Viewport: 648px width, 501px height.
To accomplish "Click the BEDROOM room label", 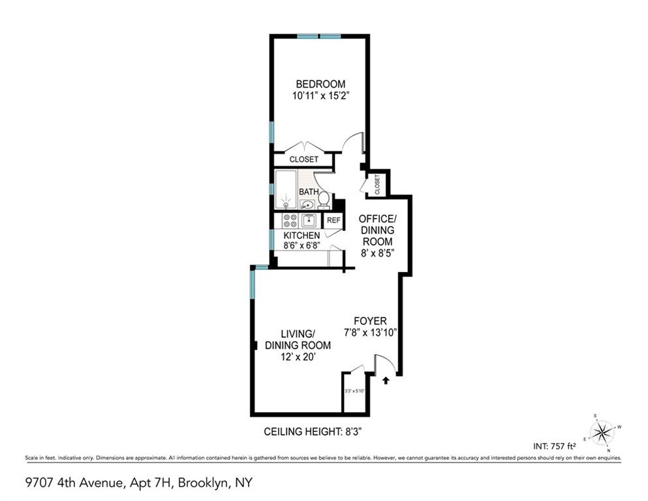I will point(320,84).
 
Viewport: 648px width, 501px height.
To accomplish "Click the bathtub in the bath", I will point(286,190).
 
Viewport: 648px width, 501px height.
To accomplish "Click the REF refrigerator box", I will point(333,220).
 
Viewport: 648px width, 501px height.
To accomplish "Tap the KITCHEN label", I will point(301,235).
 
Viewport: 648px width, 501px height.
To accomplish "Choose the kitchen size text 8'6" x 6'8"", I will point(301,246).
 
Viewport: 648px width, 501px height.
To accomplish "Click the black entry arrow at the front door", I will point(385,378).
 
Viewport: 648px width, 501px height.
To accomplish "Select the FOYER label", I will point(370,321).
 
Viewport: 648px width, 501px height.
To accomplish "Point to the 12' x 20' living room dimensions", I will point(298,357).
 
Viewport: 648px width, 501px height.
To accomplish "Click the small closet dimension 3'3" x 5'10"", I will point(354,391).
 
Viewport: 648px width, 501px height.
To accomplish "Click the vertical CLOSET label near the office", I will point(377,185).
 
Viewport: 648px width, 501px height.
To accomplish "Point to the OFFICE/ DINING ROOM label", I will point(378,229).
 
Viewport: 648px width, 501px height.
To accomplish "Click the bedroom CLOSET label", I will point(304,159).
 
